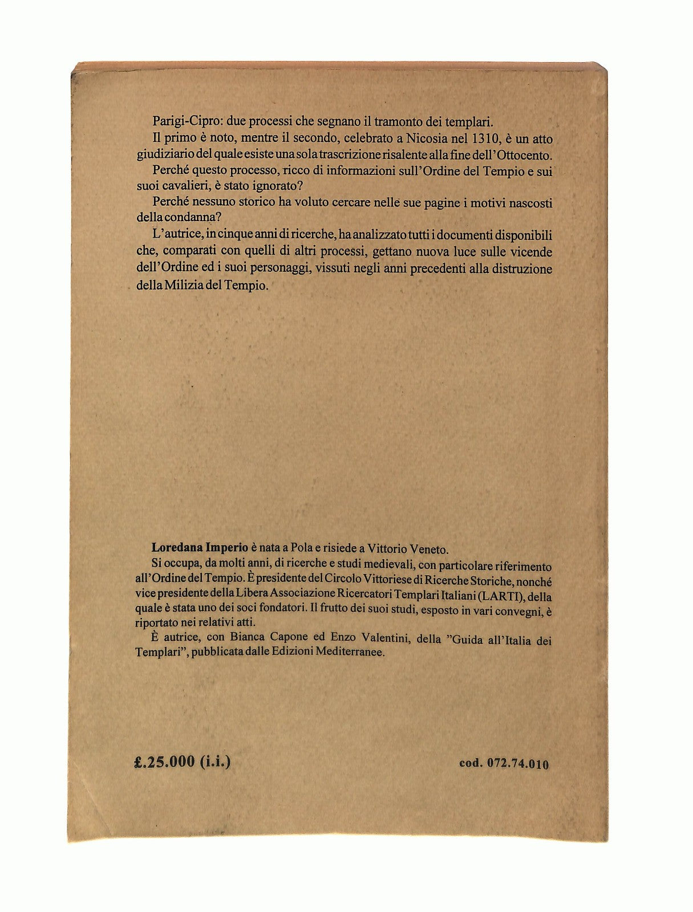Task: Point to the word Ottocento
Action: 526,154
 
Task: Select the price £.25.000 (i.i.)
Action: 181,762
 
